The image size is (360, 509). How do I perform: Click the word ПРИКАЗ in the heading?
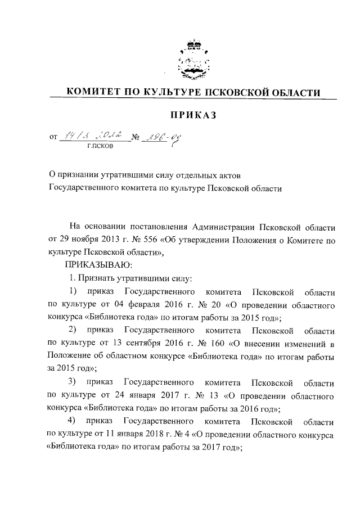[x=193, y=115]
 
